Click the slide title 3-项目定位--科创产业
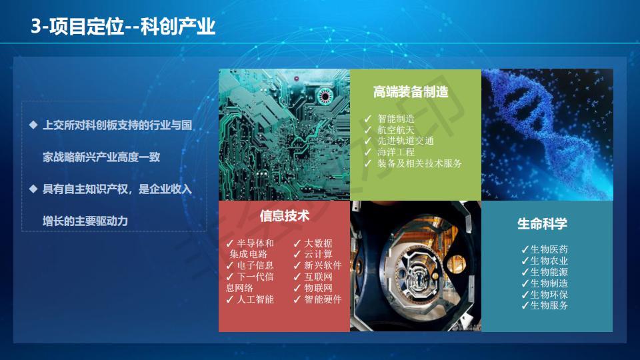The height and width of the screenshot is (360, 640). coord(123,27)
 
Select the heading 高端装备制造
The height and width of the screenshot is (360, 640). coord(411,92)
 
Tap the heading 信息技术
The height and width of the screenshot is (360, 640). coord(285,216)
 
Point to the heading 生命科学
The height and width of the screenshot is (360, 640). coord(542,224)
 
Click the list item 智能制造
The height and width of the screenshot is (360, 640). coord(396,119)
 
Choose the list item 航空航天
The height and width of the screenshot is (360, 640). coord(396,130)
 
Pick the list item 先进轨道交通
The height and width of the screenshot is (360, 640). coord(405,141)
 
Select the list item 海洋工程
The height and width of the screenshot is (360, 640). coord(396,152)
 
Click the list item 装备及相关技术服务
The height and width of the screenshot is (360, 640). coord(419,163)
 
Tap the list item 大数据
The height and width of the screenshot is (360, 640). coord(319,243)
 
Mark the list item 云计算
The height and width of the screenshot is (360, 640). coord(319,254)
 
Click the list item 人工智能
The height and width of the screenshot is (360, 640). coord(255,299)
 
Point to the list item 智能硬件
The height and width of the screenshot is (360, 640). coord(323,299)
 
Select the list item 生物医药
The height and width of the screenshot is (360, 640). coord(549,249)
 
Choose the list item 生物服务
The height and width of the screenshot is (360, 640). coord(549,305)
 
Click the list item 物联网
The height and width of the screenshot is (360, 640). coord(319,288)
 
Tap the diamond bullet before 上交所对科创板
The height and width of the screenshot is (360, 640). coord(33,125)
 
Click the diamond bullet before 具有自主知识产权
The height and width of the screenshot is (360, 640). coord(33,189)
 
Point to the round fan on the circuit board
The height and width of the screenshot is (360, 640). coord(325,96)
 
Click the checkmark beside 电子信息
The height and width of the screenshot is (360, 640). coord(230,265)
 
